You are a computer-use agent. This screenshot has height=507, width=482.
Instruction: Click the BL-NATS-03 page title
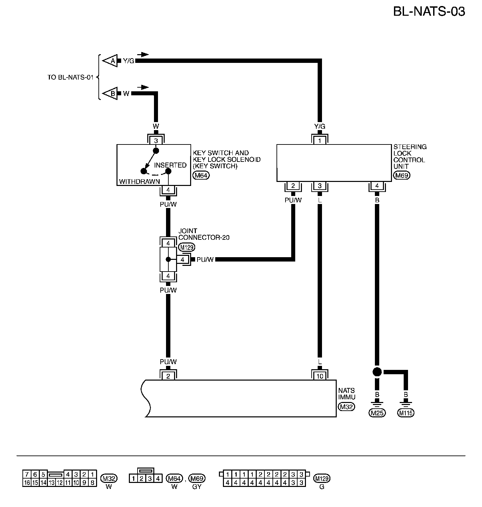point(429,12)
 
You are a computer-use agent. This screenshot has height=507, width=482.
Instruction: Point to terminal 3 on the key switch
point(156,141)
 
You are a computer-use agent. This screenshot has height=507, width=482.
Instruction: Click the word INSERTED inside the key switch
point(170,165)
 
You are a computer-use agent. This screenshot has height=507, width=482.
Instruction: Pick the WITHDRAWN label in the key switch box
point(139,182)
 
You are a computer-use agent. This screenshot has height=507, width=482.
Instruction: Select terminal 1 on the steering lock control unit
point(320,141)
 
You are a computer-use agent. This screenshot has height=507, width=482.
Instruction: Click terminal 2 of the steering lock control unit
point(293,186)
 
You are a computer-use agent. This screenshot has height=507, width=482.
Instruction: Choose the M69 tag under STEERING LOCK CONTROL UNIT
point(402,175)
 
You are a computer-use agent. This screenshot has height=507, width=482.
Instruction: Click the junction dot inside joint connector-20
point(168,260)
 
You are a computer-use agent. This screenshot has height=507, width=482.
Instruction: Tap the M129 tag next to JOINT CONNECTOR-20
point(187,247)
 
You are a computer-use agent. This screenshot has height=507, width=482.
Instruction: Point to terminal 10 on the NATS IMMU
point(320,376)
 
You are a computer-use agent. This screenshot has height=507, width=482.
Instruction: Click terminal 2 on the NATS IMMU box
point(168,376)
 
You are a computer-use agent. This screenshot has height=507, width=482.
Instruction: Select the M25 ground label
point(377,413)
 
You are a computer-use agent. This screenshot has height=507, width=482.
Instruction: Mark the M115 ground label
point(406,413)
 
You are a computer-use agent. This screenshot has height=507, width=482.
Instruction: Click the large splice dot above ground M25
point(377,372)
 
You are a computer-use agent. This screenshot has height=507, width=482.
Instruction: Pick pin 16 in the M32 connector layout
point(27,483)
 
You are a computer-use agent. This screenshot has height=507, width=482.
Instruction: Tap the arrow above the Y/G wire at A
point(143,54)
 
